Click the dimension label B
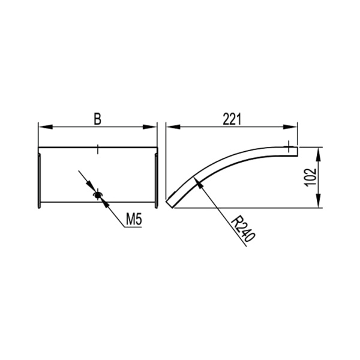click(98, 119)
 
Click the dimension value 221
click(232, 119)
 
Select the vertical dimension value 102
click(311, 178)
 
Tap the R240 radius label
click(243, 230)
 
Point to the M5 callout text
click(134, 219)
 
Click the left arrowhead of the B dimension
click(46, 127)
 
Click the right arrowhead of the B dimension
click(149, 127)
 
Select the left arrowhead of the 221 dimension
click(173, 127)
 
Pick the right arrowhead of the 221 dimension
click(290, 127)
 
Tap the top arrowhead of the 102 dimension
click(318, 155)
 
